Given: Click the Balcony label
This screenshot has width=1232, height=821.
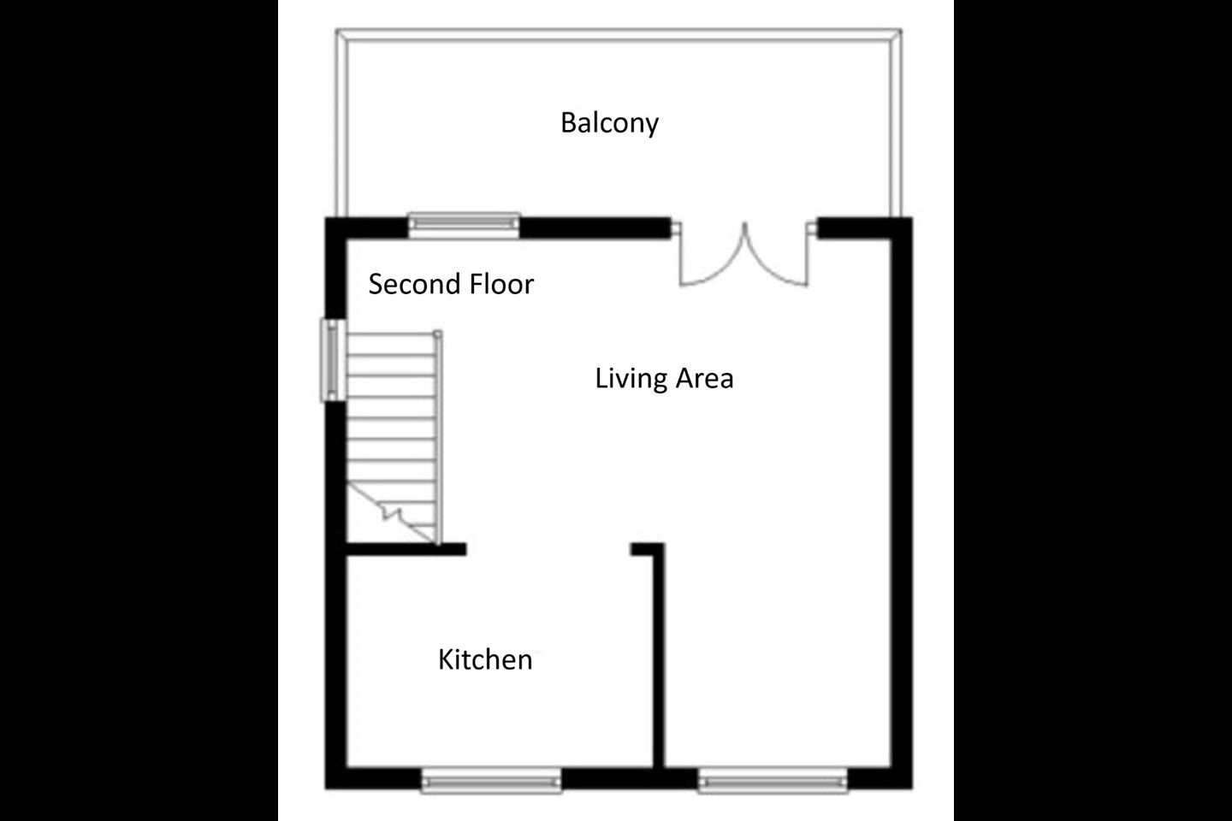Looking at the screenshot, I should point(609,123).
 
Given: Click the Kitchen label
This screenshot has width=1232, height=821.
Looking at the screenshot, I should point(485,659).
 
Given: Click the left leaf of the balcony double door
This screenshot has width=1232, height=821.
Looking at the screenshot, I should point(711,257).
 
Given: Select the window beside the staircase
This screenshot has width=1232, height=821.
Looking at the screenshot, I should point(332,359).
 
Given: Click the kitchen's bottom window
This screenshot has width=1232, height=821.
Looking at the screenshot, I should point(491,780).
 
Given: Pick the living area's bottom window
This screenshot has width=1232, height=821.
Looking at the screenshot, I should point(773,780).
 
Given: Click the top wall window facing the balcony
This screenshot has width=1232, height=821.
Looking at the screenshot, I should point(464,224).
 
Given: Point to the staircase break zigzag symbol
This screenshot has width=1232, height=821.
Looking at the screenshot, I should point(392,513).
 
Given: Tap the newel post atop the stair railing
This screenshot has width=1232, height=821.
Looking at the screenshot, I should point(438,334).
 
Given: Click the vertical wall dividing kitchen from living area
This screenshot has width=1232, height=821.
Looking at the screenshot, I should point(659,659).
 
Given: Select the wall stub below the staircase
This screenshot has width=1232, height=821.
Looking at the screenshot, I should point(406,550).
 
